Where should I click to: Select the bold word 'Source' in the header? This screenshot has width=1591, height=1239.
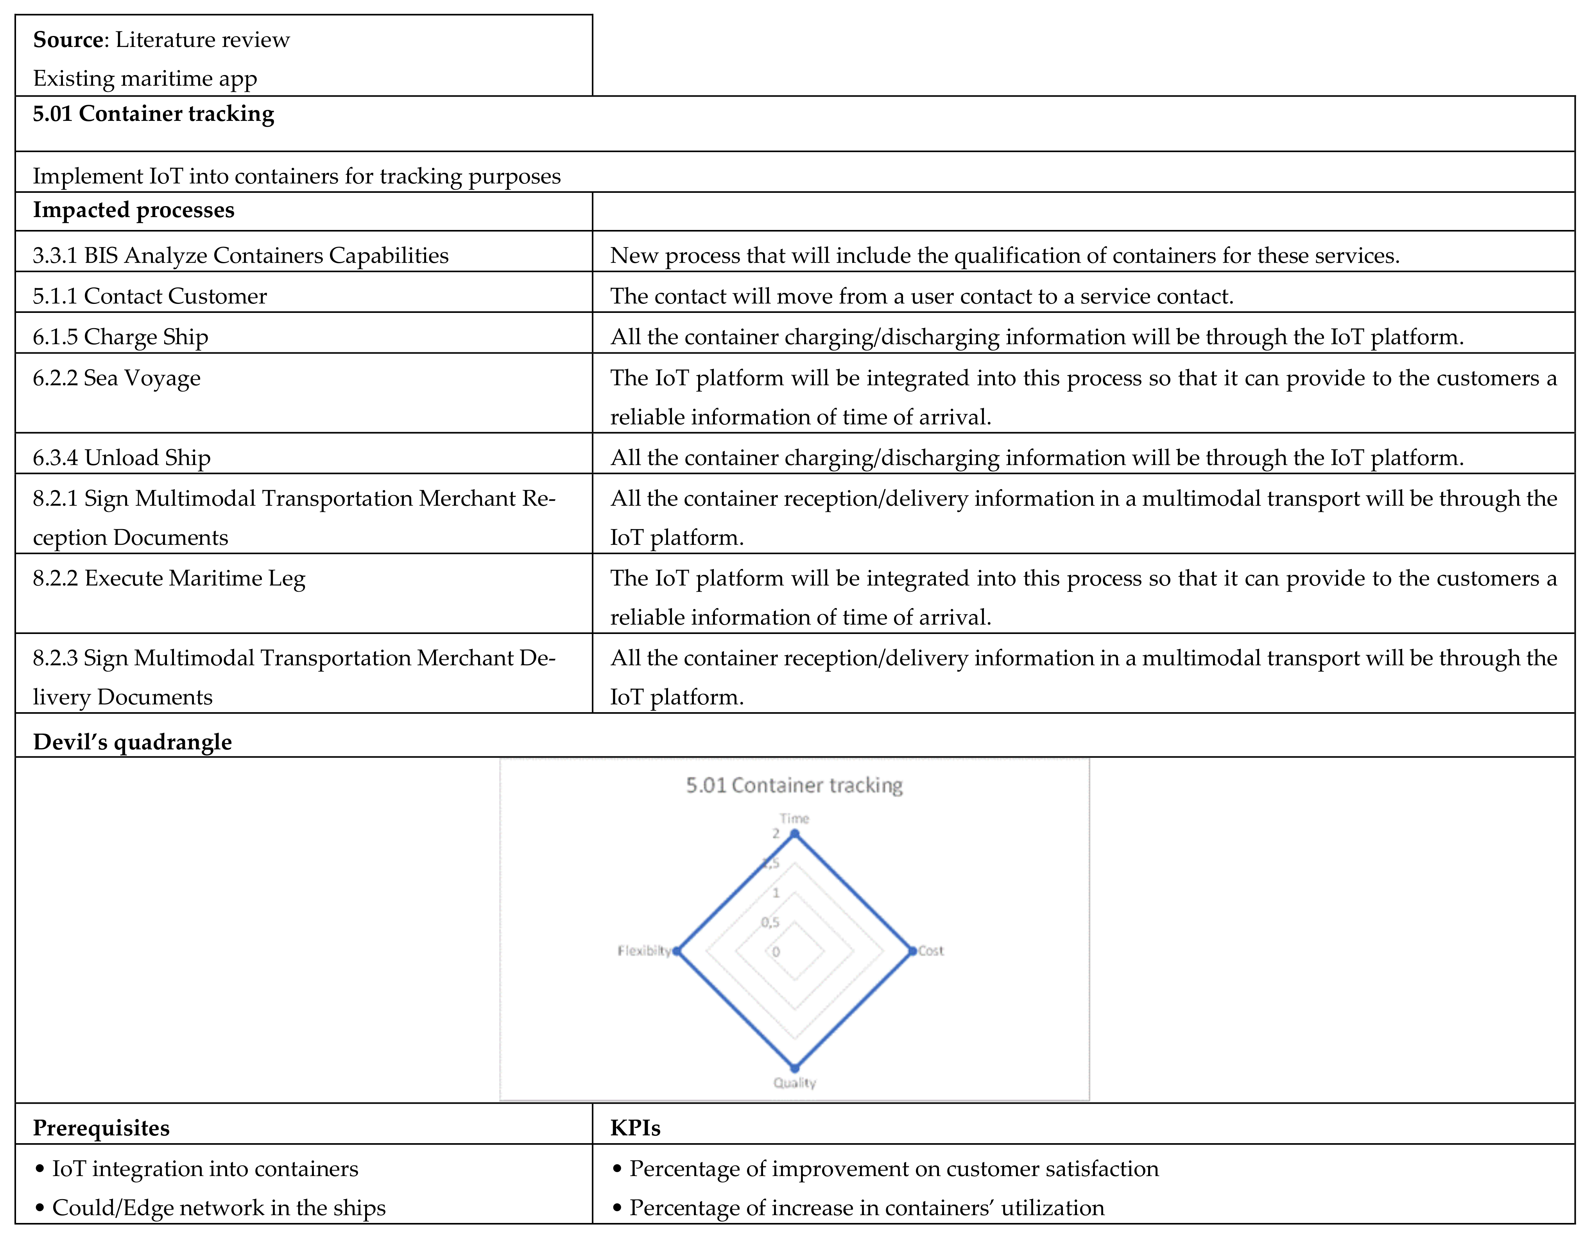point(68,40)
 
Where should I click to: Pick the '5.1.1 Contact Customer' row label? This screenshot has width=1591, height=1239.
point(149,296)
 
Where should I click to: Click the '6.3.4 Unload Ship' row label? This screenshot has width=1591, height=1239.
point(122,458)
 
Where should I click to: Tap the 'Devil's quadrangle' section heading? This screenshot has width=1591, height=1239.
point(133,742)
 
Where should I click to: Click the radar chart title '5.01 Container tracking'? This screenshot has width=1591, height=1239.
point(794,785)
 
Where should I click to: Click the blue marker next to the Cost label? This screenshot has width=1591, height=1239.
point(912,951)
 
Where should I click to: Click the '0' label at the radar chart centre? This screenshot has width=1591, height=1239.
point(776,952)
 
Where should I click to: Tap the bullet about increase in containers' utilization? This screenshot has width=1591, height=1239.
point(866,1208)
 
